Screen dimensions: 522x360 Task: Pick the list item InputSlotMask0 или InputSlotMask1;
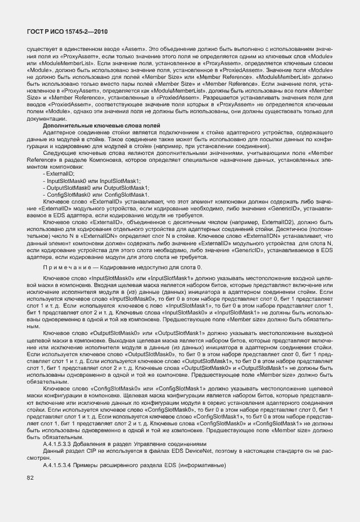(x=91, y=180)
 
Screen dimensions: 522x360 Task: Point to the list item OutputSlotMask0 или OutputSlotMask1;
(x=96, y=188)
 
